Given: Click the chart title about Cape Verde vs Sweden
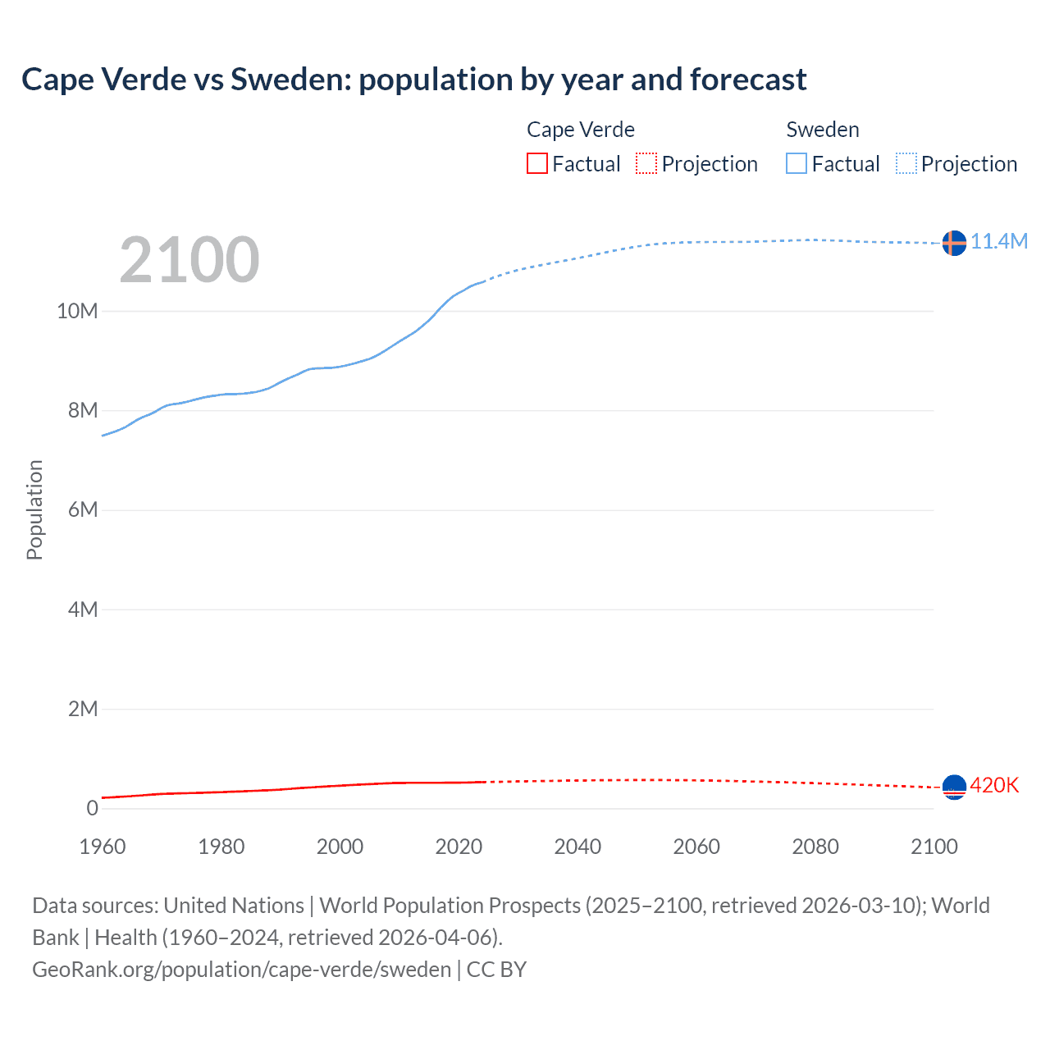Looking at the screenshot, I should (x=414, y=80).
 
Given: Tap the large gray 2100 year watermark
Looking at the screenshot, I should (x=189, y=260).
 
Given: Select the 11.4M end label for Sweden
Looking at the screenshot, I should (x=999, y=241).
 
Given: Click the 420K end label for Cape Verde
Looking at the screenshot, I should (x=994, y=785).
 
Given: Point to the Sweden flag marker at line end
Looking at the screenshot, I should (x=954, y=243).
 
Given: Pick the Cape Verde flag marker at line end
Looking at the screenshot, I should (x=954, y=787).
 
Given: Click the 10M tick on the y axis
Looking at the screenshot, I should (x=77, y=311).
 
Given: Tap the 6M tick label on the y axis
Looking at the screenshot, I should (x=82, y=509).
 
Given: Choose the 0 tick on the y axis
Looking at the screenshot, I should (x=92, y=808).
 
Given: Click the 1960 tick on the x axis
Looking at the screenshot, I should (x=103, y=847).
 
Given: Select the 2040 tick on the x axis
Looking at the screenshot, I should (x=577, y=847).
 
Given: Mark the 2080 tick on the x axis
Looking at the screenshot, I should (x=815, y=847).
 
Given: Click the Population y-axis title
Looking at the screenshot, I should (x=34, y=509).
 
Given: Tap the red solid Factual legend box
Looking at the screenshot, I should (x=537, y=163).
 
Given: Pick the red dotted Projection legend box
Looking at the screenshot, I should (x=646, y=163).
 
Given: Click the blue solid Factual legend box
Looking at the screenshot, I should (x=797, y=163).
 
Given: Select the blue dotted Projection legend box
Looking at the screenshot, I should (x=906, y=163).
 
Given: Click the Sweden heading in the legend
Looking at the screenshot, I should (x=823, y=130).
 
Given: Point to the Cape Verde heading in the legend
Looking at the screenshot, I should (x=581, y=130).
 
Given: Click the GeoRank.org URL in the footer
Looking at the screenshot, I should (x=242, y=970).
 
